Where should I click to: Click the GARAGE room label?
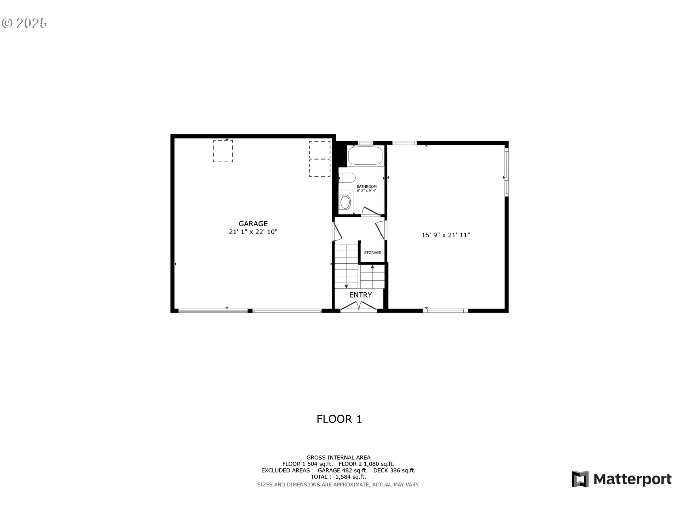tap(253, 223)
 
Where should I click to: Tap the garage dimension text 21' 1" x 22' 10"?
tap(253, 232)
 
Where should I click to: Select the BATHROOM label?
tap(366, 186)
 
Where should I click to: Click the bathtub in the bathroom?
tap(366, 156)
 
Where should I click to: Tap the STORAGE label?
tap(372, 252)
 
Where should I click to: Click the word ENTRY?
tap(360, 295)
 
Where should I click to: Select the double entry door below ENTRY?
tap(359, 306)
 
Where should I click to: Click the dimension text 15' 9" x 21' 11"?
tap(446, 235)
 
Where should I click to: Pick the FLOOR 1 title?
tap(339, 419)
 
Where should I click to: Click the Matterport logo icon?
tap(580, 479)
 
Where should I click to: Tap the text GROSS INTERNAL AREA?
tap(338, 457)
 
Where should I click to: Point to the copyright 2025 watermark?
tap(24, 23)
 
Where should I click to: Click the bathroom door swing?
tap(370, 211)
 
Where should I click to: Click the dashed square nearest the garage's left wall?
tap(223, 151)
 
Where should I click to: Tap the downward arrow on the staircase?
tap(346, 286)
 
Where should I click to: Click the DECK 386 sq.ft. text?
tap(394, 470)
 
